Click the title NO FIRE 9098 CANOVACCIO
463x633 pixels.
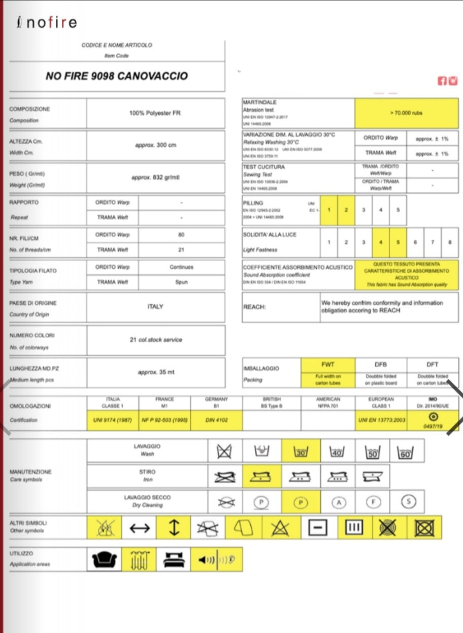point(117,76)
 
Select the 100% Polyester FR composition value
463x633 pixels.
point(155,113)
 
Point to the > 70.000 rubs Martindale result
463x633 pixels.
point(406,113)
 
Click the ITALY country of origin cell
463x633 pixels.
point(155,307)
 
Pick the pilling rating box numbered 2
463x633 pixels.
point(346,209)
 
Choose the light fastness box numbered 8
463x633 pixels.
point(449,242)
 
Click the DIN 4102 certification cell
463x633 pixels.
point(217,420)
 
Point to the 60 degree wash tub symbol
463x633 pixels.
point(405,451)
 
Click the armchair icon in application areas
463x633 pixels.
point(104,559)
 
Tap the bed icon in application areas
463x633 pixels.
point(173,559)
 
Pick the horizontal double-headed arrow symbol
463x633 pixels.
point(140,528)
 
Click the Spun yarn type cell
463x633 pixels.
point(181,282)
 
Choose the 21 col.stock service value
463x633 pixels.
point(155,339)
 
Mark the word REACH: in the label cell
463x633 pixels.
point(254,307)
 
